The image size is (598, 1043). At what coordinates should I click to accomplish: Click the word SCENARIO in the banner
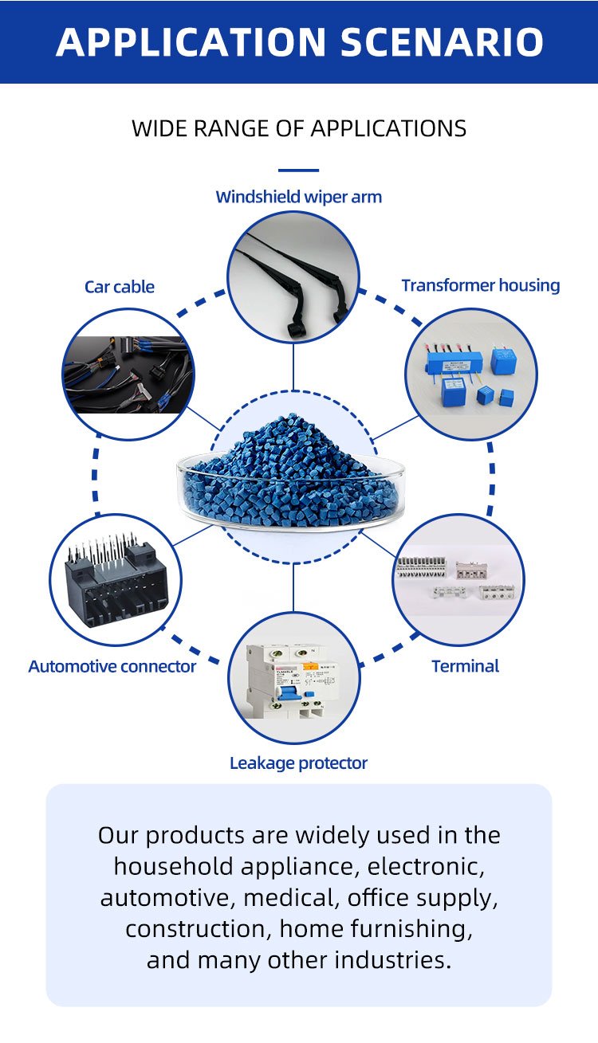coord(443,41)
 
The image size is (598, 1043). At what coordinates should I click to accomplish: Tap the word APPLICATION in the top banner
coord(192,41)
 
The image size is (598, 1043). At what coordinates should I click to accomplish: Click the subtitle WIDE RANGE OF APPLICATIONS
coord(299,128)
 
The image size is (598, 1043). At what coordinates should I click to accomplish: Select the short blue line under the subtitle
coord(299,170)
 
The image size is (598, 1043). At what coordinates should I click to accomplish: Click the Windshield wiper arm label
coord(299,197)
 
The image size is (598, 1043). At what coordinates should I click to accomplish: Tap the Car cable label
coord(120,287)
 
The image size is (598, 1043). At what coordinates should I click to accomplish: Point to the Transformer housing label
coord(480,285)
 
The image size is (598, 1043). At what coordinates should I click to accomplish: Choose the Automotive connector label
coord(112,666)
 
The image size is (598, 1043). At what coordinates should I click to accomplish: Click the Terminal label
coord(465,666)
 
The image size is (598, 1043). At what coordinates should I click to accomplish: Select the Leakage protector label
coord(298,763)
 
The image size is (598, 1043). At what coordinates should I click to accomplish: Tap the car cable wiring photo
coord(128,374)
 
